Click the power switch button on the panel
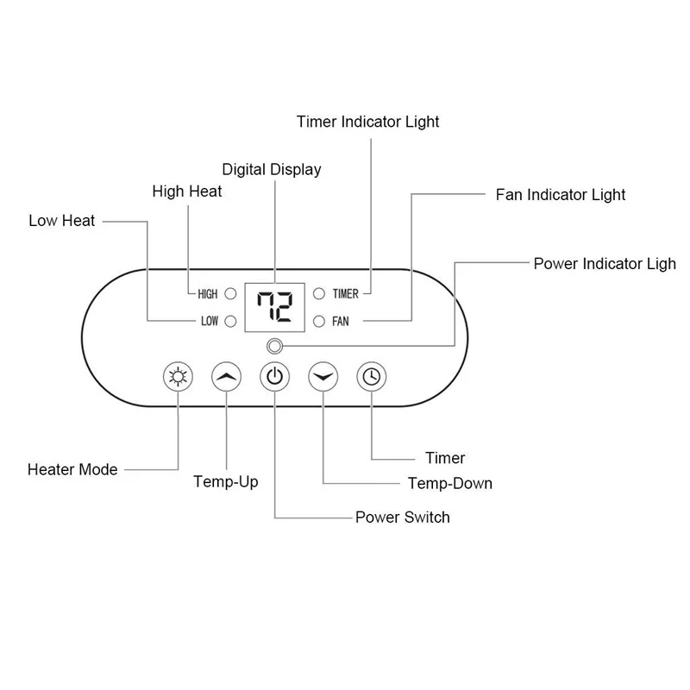pyautogui.click(x=274, y=376)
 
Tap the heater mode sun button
pyautogui.click(x=177, y=376)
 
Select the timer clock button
pyautogui.click(x=371, y=376)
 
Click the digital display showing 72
pyautogui.click(x=274, y=307)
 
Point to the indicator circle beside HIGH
pyautogui.click(x=230, y=294)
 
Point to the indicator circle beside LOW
pyautogui.click(x=230, y=322)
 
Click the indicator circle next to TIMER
pyautogui.click(x=318, y=294)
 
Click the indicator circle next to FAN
pyautogui.click(x=318, y=322)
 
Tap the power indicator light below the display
pyautogui.click(x=274, y=347)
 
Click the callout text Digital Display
pyautogui.click(x=272, y=169)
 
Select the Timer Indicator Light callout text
pyautogui.click(x=367, y=122)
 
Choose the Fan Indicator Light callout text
pyautogui.click(x=561, y=194)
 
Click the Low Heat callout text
pyautogui.click(x=62, y=221)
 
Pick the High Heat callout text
pyautogui.click(x=187, y=191)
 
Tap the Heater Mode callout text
pyautogui.click(x=72, y=470)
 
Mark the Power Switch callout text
pyautogui.click(x=402, y=517)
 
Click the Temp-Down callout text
pyautogui.click(x=448, y=483)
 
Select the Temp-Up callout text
pyautogui.click(x=226, y=481)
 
